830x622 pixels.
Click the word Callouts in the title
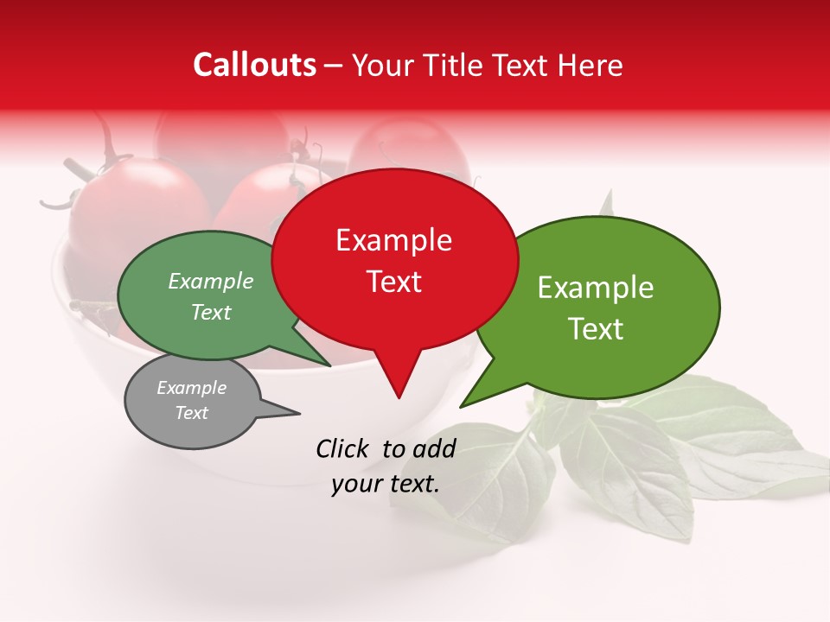(x=254, y=65)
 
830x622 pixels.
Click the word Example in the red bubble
(x=393, y=240)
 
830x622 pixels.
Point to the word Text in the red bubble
(x=393, y=282)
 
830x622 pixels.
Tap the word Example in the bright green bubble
(x=596, y=288)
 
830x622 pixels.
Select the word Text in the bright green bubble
(x=596, y=329)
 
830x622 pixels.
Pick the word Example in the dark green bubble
(x=211, y=282)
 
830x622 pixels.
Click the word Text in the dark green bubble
(x=211, y=312)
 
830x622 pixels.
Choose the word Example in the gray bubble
(x=191, y=388)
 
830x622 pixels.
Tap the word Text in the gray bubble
(x=191, y=413)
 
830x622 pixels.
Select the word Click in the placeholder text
(x=343, y=448)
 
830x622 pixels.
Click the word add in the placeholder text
(x=434, y=448)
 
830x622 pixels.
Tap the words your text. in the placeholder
(x=385, y=484)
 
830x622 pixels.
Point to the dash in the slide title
(x=334, y=66)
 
